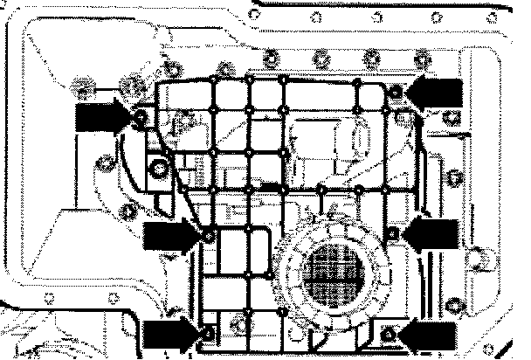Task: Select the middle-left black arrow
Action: point(171,235)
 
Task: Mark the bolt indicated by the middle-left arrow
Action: point(208,236)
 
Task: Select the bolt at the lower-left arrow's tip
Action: point(207,334)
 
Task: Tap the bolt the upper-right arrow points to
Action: point(397,90)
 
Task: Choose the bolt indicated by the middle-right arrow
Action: point(394,233)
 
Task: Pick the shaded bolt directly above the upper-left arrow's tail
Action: point(84,87)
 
